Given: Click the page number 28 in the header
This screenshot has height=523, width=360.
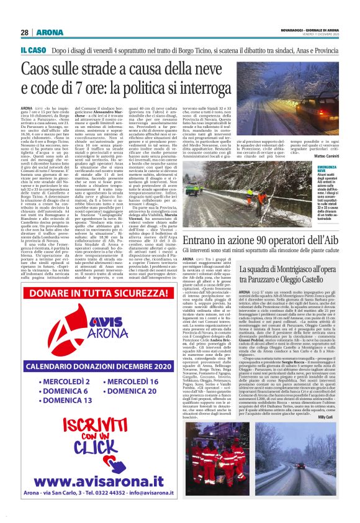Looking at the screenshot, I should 24,32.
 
